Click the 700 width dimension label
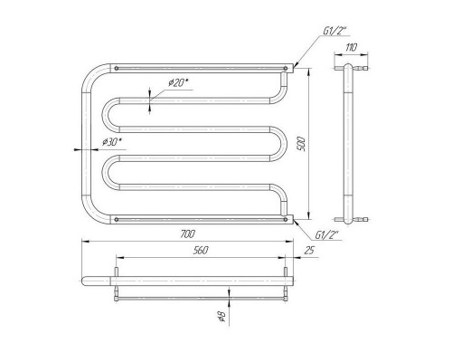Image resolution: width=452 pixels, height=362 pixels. [188, 233]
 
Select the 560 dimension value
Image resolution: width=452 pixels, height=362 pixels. [201, 250]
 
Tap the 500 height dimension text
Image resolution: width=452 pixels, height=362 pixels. [303, 144]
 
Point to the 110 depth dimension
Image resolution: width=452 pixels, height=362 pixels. [352, 47]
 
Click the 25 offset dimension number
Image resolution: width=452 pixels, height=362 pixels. [309, 250]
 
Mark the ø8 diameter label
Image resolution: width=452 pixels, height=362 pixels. [222, 316]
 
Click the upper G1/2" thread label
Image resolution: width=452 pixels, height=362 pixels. [335, 31]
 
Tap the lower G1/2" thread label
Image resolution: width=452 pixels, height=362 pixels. [327, 235]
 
